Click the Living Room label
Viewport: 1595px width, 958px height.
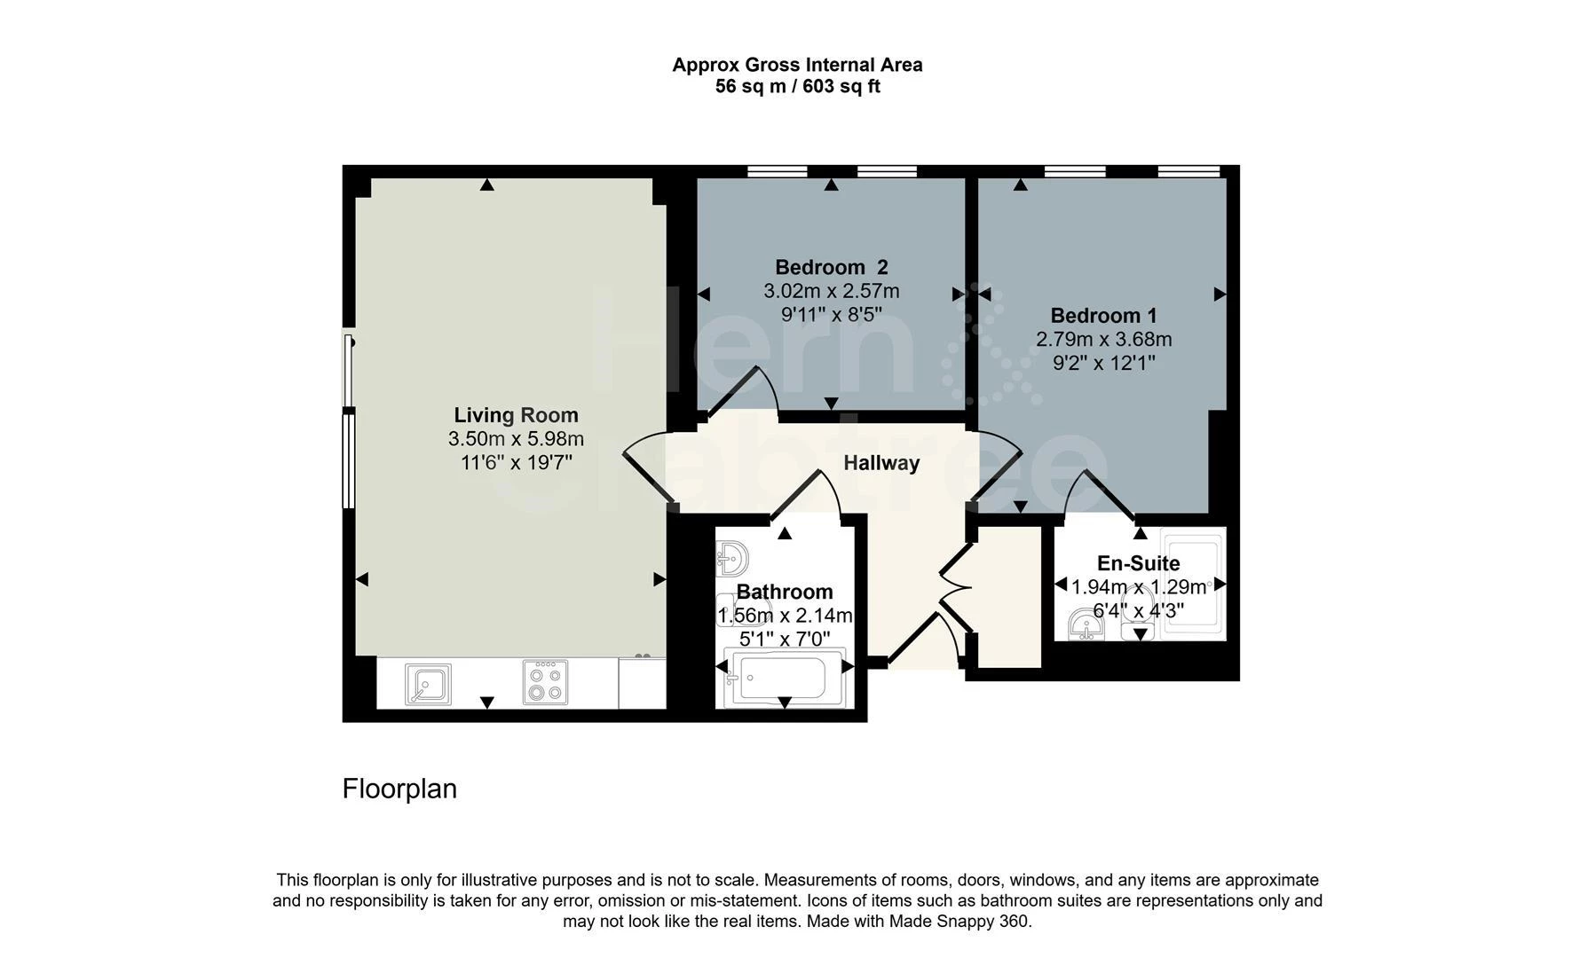pos(516,415)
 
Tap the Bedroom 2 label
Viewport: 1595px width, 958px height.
pos(831,267)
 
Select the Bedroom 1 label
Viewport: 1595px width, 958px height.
pos(1103,316)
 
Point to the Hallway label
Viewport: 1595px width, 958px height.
pos(881,463)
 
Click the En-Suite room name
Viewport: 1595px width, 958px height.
pos(1139,563)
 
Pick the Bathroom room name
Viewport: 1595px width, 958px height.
pos(785,592)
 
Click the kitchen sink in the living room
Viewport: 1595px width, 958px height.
pos(428,684)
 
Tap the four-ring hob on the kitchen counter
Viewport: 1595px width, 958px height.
pos(545,682)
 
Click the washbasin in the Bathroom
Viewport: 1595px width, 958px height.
pos(732,559)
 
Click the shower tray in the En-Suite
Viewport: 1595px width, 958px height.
pos(1193,584)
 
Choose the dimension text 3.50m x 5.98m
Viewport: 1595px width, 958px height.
pos(516,439)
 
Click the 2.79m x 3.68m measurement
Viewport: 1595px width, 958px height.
pos(1103,340)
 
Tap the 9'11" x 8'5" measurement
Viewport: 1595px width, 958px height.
pos(831,315)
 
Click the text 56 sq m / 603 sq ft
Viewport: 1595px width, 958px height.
pos(797,87)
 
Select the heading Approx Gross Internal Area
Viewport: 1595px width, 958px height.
pos(797,65)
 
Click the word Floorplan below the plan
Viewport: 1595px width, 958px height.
pos(399,789)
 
